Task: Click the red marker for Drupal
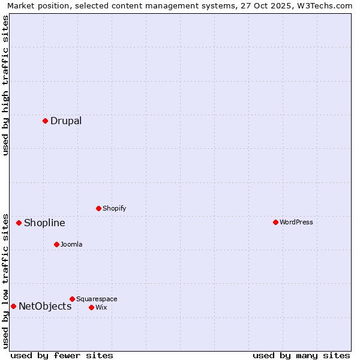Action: click(45, 121)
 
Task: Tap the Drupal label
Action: click(66, 121)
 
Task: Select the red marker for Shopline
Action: click(19, 223)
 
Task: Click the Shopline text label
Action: click(44, 223)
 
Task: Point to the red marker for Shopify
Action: click(98, 208)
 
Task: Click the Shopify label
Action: click(114, 208)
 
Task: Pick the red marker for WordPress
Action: click(275, 222)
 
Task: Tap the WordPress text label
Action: click(296, 222)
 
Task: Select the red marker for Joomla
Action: click(56, 244)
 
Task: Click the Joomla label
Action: click(71, 244)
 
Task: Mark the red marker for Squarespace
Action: click(72, 299)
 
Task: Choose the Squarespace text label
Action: click(97, 299)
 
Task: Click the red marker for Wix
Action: click(91, 307)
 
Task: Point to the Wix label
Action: click(101, 307)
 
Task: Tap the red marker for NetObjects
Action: click(13, 306)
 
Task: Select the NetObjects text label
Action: click(45, 307)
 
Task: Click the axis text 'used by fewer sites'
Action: click(62, 355)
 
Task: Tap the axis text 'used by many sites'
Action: click(301, 355)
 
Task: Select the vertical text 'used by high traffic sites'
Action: click(6, 85)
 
